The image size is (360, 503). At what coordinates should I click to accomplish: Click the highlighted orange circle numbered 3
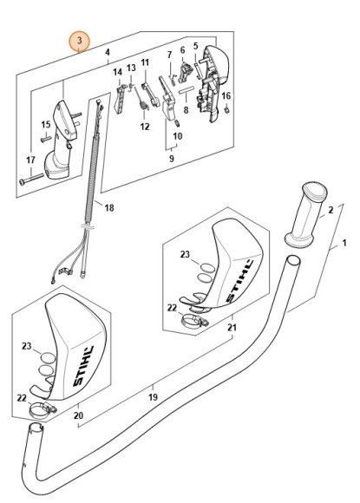(x=79, y=42)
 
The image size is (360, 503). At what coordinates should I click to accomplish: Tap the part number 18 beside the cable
(x=109, y=207)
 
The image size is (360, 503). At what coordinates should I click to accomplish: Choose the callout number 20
(x=79, y=416)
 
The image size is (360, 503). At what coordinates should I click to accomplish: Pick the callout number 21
(x=231, y=328)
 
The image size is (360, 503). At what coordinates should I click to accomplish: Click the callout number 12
(x=145, y=127)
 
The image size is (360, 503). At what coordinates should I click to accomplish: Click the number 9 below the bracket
(x=171, y=159)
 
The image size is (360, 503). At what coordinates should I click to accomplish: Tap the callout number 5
(x=196, y=46)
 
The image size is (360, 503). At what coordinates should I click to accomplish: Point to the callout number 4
(x=108, y=53)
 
